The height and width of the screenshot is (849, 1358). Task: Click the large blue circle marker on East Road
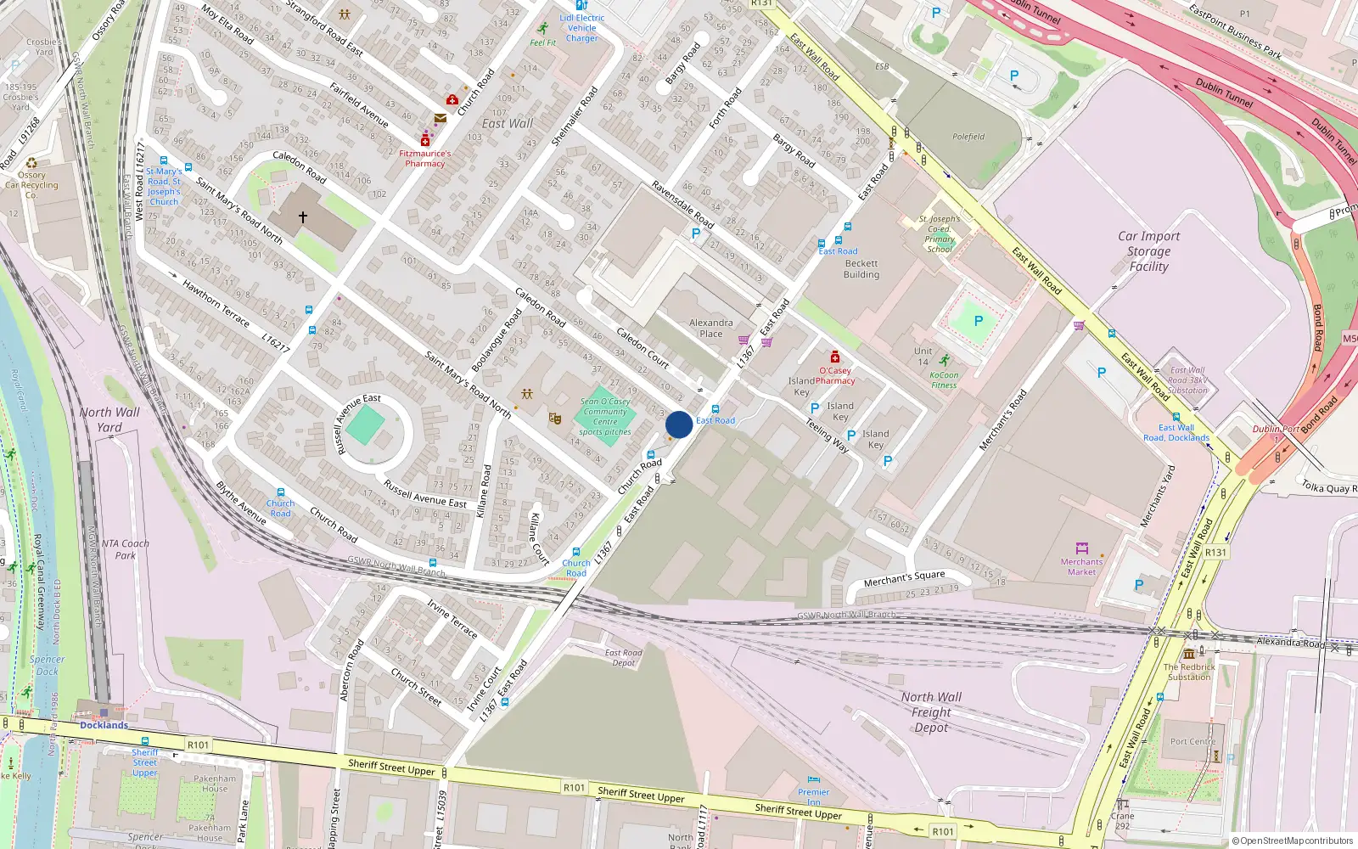pos(679,424)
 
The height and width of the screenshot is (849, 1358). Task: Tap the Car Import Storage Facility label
pos(1148,251)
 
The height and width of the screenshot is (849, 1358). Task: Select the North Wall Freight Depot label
pos(931,711)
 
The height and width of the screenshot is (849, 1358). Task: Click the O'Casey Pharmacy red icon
pos(835,357)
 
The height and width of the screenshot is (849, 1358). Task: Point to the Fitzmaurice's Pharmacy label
pos(425,159)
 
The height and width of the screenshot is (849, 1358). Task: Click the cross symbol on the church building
pos(302,217)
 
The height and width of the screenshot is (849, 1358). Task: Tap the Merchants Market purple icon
pos(1081,548)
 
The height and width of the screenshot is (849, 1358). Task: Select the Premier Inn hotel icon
pos(814,779)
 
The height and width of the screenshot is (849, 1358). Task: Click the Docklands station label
pos(104,725)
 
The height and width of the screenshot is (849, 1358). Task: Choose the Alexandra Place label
pos(711,328)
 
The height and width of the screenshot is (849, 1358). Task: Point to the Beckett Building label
pos(861,269)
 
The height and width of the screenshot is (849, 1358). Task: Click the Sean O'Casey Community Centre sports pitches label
pos(605,416)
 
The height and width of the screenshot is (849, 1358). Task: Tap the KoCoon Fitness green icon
pos(945,361)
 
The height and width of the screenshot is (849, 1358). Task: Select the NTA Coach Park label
pos(125,549)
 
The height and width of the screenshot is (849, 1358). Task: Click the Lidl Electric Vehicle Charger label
pos(582,28)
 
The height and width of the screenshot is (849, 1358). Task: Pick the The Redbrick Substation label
pos(1189,672)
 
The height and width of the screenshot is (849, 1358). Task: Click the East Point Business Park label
pos(1235,31)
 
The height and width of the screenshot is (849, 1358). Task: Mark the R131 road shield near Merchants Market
pos(1215,552)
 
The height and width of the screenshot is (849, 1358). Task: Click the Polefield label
pos(968,137)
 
